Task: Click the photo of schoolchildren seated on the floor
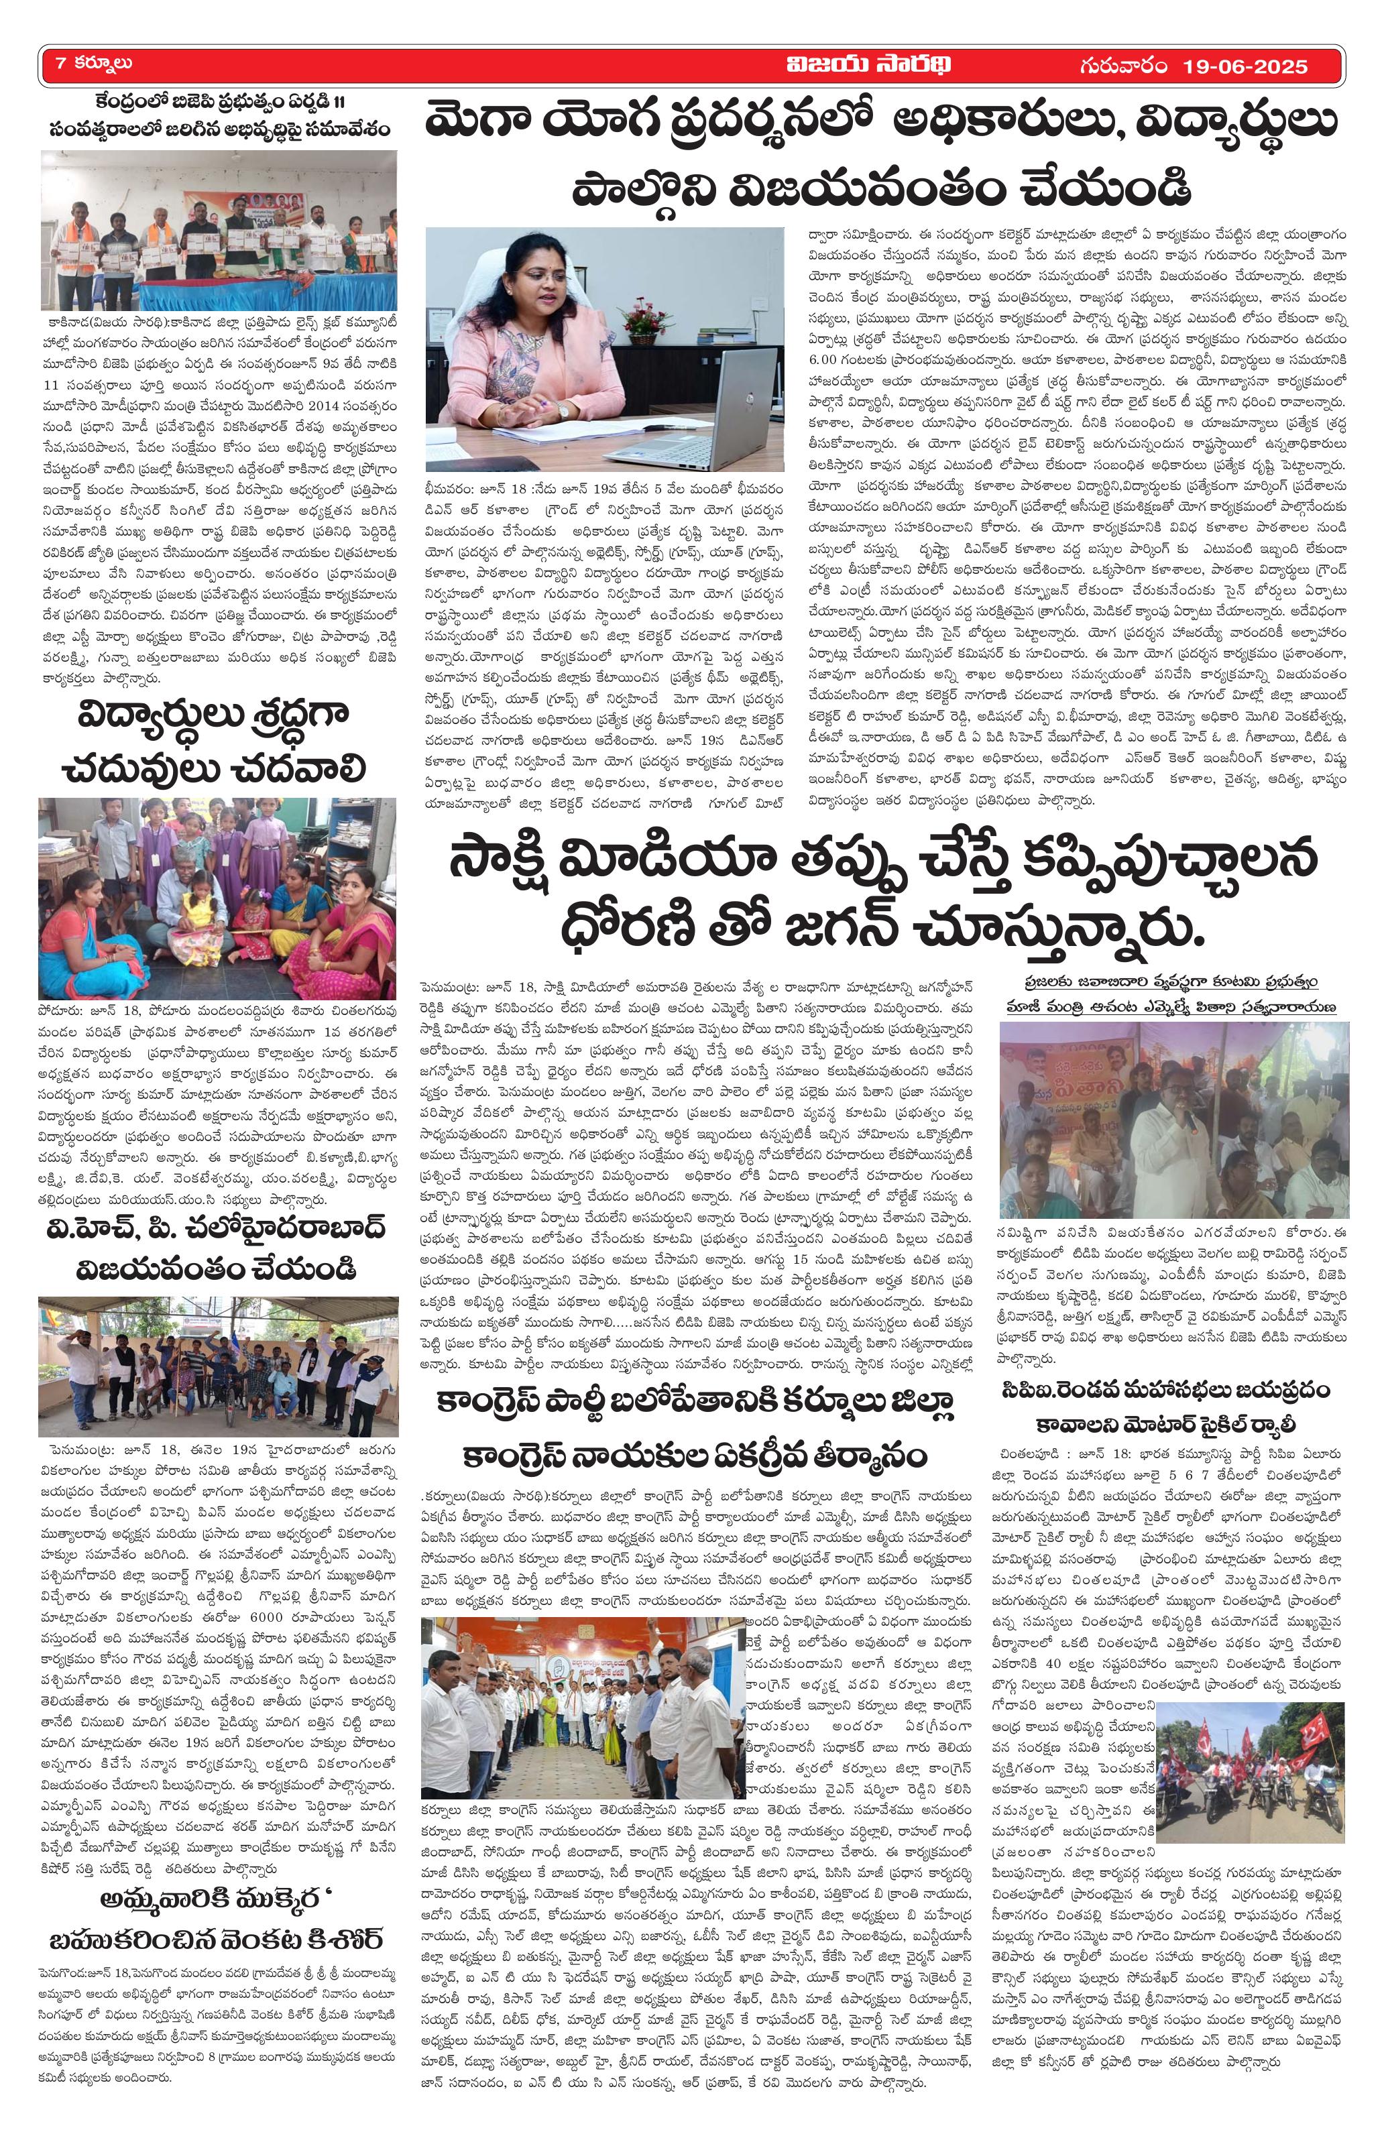click(217, 898)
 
